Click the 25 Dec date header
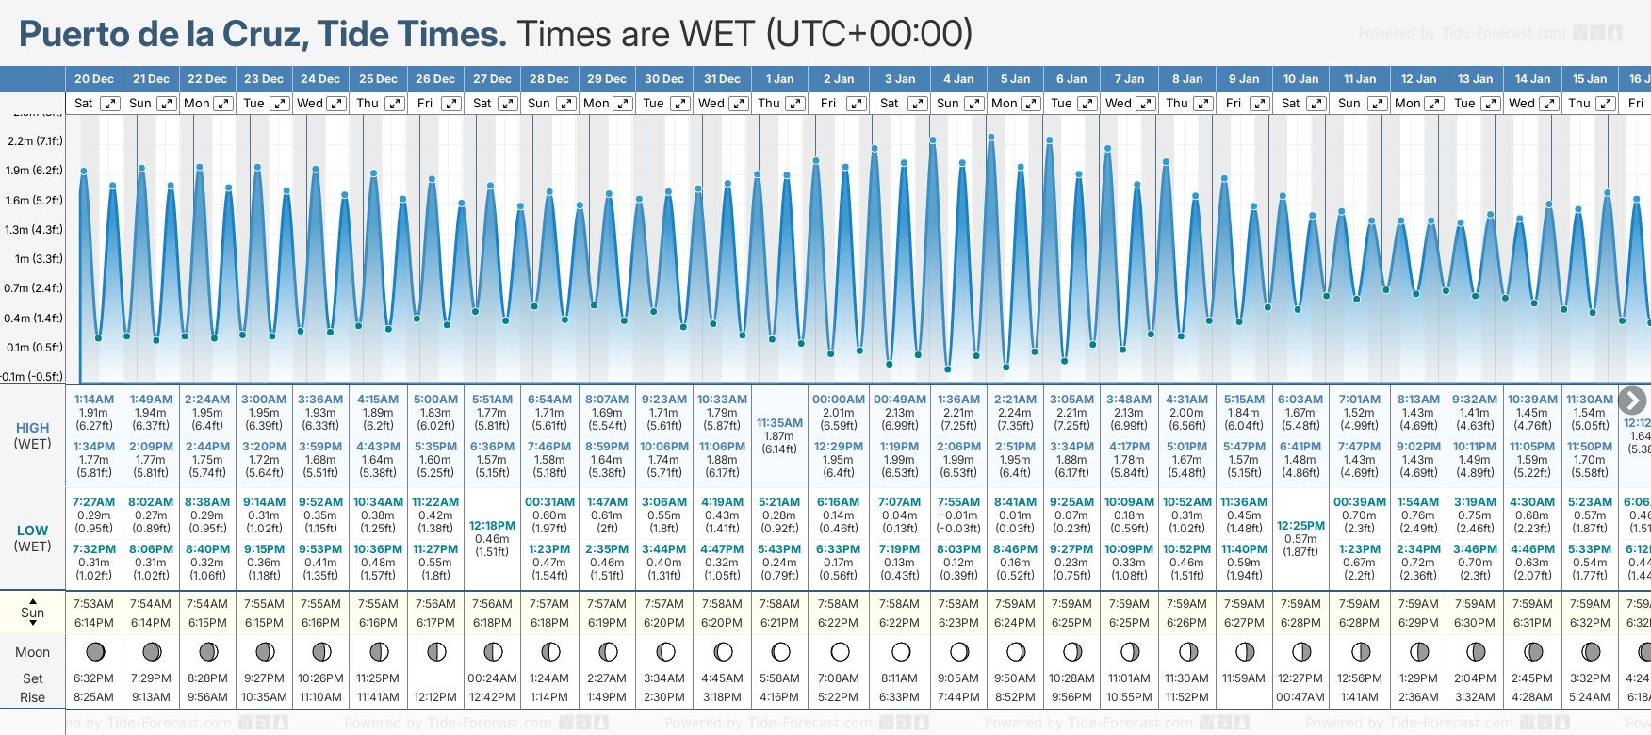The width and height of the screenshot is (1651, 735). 378,79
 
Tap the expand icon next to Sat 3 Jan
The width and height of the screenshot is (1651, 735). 917,104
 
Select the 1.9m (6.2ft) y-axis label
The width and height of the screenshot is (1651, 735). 34,171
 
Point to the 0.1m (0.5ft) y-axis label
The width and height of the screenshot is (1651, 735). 34,348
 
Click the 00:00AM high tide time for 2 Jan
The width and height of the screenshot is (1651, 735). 838,400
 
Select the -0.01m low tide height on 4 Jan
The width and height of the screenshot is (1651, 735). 957,515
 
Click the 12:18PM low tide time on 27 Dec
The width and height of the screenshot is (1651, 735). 492,526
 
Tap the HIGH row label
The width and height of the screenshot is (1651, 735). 32,428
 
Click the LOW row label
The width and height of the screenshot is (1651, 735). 32,531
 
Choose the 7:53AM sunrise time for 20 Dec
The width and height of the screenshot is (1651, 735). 93,604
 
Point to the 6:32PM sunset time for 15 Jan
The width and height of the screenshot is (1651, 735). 1589,623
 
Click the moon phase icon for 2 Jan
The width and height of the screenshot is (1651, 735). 840,651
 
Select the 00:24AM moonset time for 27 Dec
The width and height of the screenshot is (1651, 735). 492,678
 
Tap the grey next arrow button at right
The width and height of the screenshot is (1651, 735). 1632,400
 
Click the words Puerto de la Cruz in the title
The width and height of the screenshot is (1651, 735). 164,35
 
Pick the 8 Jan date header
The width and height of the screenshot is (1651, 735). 1188,79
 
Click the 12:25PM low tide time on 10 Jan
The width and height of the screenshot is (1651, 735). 1300,526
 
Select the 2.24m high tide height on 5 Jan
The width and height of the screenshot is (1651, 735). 1014,413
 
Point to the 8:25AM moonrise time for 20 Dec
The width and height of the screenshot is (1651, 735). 93,697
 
